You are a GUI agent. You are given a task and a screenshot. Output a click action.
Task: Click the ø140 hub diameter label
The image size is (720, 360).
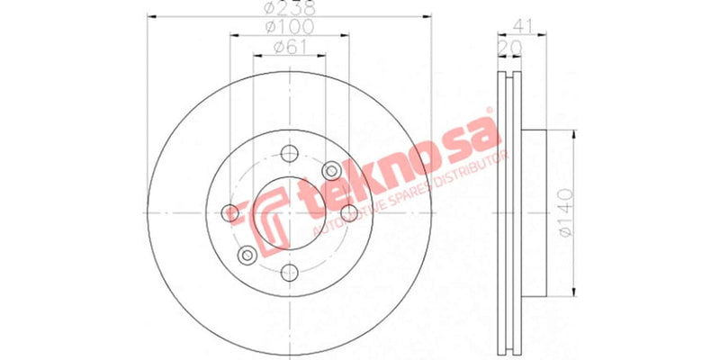pyautogui.click(x=564, y=212)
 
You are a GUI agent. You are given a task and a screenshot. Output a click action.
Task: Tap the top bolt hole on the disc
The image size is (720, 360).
pyautogui.click(x=288, y=154)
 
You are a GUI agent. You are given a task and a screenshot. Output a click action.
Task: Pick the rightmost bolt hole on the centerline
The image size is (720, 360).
pyautogui.click(x=346, y=212)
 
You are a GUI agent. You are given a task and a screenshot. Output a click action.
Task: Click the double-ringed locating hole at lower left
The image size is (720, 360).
pyautogui.click(x=245, y=255)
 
